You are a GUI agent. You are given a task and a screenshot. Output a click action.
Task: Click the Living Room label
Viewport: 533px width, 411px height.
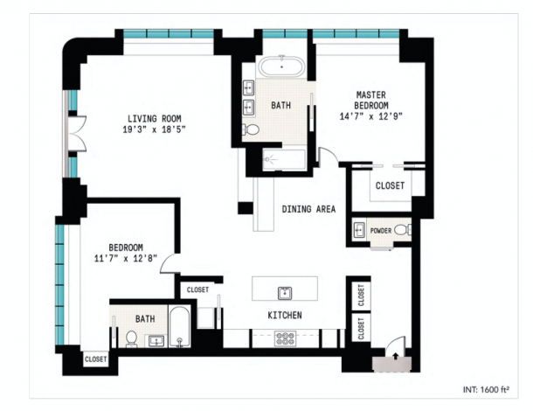point(155,118)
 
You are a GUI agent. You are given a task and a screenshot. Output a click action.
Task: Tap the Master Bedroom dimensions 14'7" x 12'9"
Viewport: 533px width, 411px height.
point(370,116)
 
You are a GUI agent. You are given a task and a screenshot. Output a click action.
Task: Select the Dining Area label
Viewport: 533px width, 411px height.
point(308,209)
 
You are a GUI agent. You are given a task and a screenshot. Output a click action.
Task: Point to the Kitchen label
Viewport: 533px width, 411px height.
point(285,315)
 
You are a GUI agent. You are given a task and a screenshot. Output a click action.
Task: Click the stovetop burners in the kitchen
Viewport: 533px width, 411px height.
point(286,338)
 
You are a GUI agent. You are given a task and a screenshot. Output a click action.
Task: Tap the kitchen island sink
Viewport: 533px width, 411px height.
point(285,293)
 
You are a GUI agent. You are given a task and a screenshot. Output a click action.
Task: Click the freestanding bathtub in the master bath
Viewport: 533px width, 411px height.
point(282,66)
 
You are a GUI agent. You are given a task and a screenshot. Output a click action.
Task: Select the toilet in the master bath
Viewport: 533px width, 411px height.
point(251,129)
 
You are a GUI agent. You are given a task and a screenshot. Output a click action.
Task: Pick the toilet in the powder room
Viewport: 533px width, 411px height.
point(403,230)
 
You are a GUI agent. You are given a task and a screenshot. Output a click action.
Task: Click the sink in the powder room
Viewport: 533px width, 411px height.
point(358,230)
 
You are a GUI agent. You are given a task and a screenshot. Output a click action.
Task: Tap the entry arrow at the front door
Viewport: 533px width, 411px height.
point(396,356)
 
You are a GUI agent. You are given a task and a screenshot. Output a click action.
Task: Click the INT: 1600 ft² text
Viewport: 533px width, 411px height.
point(486,389)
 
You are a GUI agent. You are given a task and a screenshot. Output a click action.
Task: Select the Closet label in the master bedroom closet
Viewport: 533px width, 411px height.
point(390,185)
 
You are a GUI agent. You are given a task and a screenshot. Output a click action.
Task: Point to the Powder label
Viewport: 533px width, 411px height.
point(381,231)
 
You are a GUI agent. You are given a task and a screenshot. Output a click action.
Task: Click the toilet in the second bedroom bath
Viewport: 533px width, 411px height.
point(131,339)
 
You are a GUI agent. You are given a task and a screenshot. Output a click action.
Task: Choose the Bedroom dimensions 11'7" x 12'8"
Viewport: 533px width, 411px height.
point(126,259)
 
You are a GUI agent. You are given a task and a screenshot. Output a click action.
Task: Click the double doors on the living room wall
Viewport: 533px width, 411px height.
point(77,134)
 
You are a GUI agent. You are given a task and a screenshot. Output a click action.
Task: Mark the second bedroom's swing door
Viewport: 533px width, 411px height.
point(169,263)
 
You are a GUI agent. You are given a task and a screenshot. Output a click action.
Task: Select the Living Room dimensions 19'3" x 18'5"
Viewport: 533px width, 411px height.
point(155,129)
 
